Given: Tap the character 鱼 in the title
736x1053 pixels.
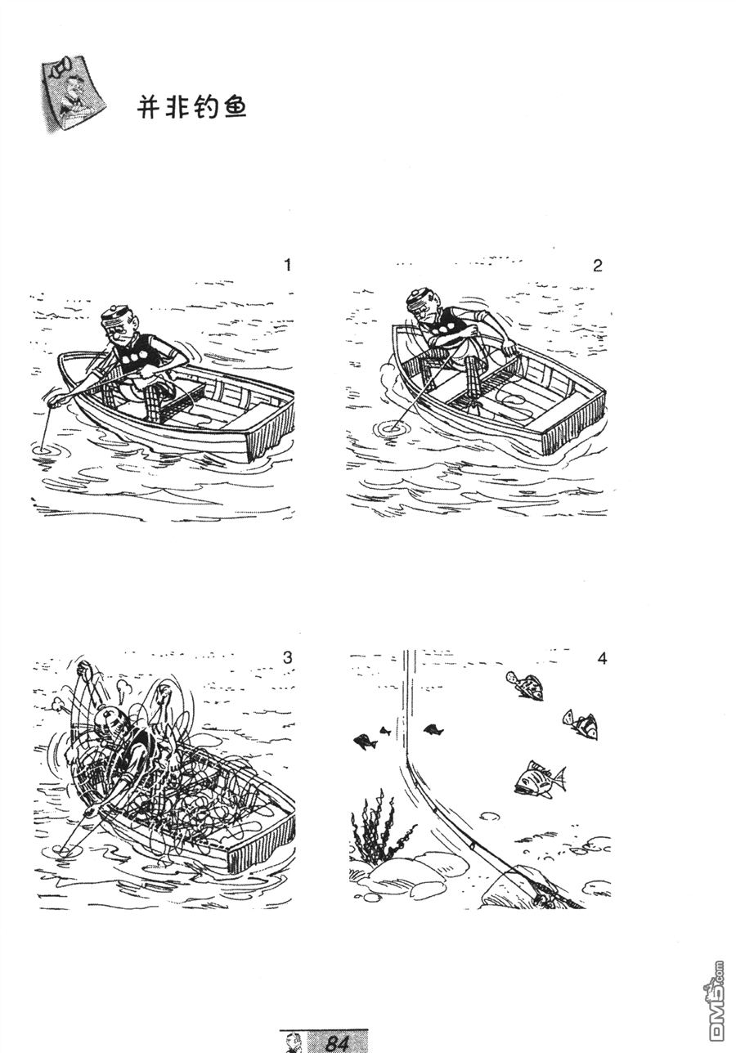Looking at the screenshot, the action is pos(234,109).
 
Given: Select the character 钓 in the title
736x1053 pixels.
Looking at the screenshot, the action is pos(206,109).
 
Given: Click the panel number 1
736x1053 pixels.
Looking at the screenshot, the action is pos(288,266).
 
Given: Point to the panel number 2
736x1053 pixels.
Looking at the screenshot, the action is pos(598,266).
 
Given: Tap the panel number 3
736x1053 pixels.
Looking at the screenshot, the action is pos(288,657).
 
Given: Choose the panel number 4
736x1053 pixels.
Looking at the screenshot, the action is pos(602,659).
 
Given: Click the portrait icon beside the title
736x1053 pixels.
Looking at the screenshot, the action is pos(73,95).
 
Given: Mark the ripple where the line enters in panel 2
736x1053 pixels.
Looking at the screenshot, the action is pos(391,428).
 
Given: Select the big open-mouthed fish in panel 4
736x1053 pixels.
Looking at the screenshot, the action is pos(541,777).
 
